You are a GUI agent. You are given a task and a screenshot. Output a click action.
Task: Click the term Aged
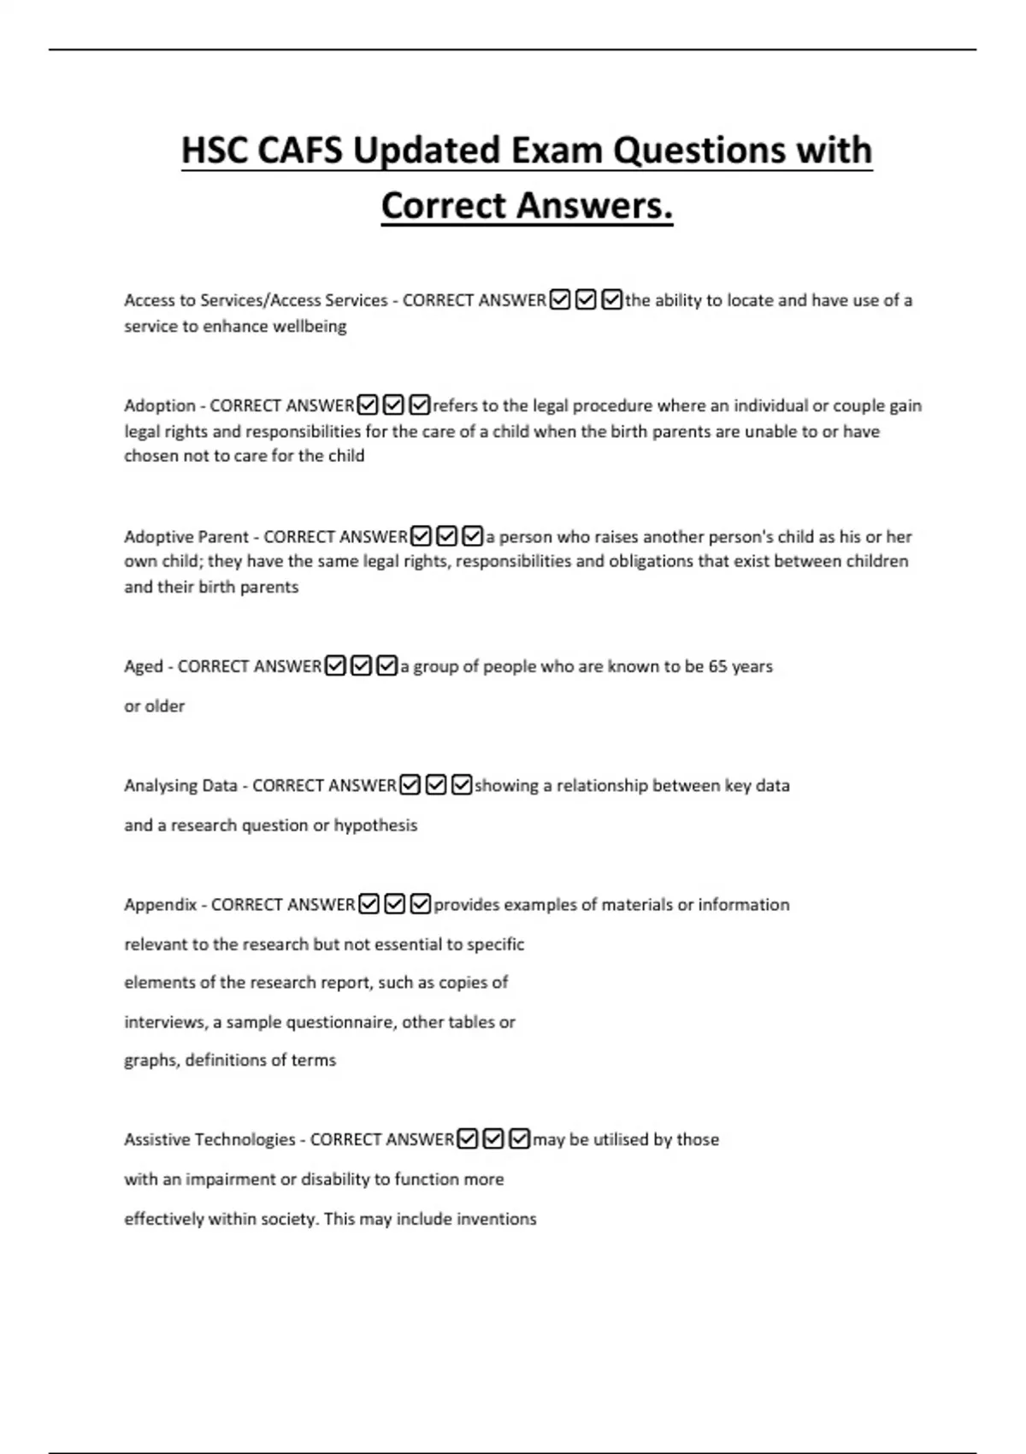[143, 666]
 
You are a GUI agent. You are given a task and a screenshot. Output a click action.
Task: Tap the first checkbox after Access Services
[560, 300]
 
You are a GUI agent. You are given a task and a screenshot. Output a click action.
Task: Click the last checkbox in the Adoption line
[420, 405]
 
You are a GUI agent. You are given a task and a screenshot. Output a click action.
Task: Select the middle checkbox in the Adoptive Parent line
[447, 536]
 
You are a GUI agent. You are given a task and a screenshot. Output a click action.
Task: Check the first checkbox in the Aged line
[336, 665]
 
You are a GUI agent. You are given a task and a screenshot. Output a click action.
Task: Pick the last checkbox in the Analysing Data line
[462, 784]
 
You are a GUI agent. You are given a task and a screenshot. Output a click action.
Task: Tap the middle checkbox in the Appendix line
[395, 904]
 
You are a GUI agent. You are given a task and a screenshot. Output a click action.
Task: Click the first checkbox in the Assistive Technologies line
[468, 1139]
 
